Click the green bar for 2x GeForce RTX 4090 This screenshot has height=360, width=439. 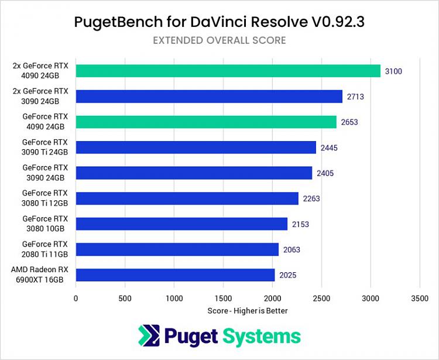coord(228,71)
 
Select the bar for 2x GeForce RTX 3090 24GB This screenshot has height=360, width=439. coord(209,96)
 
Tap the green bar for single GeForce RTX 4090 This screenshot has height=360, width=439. coord(206,122)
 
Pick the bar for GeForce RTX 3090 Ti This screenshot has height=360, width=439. coord(196,147)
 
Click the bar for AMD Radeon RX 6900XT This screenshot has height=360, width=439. coord(175,275)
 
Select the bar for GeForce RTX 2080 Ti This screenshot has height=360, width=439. coord(177,249)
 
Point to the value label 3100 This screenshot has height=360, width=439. coord(393,71)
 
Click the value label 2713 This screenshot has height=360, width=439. coord(355,96)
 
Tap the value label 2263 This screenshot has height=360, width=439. coord(311,198)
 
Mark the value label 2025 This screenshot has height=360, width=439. coord(288,275)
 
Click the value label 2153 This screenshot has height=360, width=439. coord(300,224)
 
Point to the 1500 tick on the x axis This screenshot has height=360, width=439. coord(224,298)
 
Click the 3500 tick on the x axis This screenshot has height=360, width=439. coord(420,298)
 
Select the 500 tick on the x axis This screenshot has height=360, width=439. coord(125,298)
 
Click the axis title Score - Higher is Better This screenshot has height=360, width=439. coord(248,310)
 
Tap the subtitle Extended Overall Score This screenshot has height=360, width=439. coord(220,40)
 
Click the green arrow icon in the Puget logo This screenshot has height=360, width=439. coord(149,336)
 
